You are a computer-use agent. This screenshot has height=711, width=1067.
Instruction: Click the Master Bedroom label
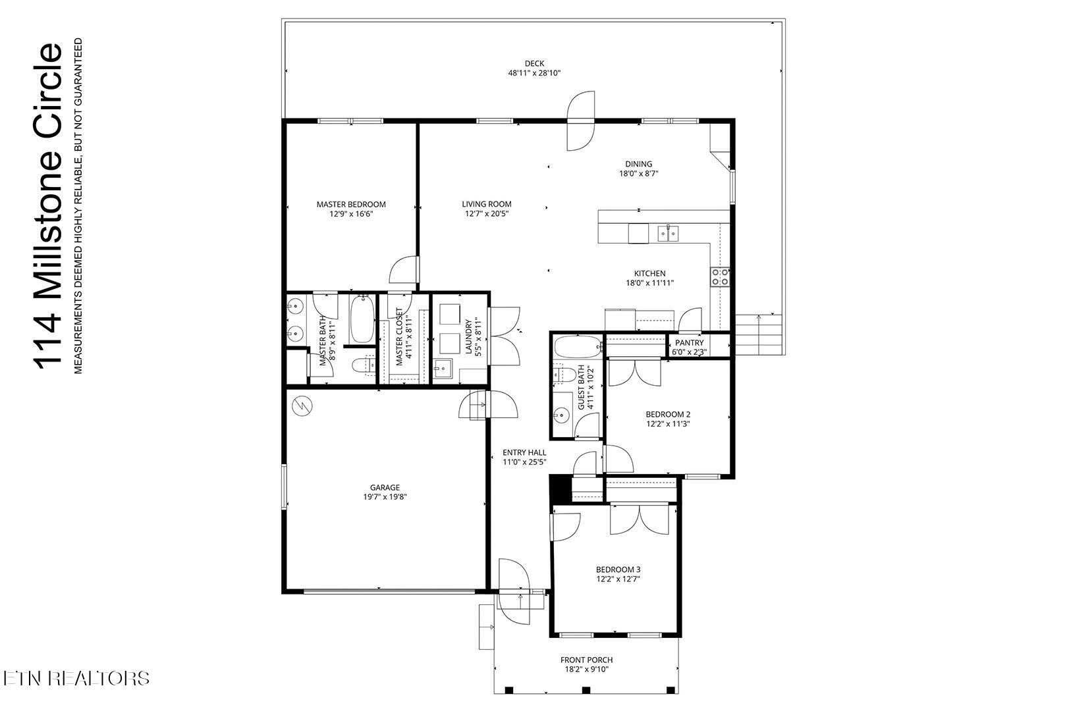pos(350,204)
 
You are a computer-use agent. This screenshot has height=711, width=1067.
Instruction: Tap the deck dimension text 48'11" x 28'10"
pos(533,74)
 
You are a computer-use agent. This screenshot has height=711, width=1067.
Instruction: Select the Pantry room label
pos(689,343)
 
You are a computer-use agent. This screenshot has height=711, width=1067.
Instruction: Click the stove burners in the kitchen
pos(719,276)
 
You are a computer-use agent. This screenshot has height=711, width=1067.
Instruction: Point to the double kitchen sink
pos(669,232)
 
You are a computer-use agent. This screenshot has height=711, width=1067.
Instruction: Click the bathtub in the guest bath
pos(578,345)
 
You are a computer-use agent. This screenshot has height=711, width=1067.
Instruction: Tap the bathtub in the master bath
pos(362,319)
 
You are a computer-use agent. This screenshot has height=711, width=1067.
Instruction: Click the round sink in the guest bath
pos(562,415)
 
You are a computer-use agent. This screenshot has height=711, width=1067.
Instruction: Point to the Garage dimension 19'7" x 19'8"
pos(385,498)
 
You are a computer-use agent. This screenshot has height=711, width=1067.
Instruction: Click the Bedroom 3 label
pos(618,569)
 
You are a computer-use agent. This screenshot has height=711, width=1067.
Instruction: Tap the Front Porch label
pos(586,660)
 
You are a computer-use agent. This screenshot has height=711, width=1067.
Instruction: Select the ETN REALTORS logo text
pos(75,678)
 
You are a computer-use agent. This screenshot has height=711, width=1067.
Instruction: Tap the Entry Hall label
pos(524,452)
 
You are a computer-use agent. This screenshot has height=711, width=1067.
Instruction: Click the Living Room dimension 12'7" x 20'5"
pos(486,214)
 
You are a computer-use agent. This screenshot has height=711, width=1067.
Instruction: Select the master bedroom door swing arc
pos(402,271)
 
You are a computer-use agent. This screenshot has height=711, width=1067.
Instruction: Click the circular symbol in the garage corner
pos(303,406)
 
